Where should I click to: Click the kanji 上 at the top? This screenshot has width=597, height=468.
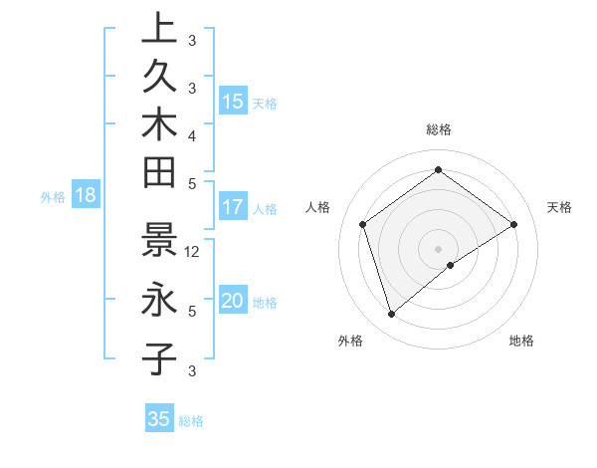click(x=159, y=28)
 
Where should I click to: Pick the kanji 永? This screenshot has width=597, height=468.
click(x=159, y=299)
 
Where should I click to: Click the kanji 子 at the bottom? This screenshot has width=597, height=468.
click(x=159, y=357)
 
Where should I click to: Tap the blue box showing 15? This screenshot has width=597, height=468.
click(x=233, y=102)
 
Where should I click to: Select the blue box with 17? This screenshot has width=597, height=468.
click(x=233, y=208)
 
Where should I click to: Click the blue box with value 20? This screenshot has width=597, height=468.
click(x=233, y=302)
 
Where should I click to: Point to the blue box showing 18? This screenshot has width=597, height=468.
click(x=86, y=196)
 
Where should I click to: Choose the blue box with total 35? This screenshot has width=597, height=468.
click(x=159, y=419)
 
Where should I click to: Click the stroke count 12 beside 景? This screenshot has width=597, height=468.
click(x=193, y=252)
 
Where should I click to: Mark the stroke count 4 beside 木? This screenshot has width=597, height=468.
click(x=192, y=134)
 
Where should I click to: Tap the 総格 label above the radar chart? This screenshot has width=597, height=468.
click(x=438, y=130)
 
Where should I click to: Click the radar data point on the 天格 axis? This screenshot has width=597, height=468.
click(x=513, y=224)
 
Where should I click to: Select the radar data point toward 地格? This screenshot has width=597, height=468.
click(x=451, y=265)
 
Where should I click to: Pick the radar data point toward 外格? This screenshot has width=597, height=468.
click(x=392, y=315)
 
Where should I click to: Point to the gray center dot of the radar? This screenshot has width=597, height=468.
click(x=438, y=248)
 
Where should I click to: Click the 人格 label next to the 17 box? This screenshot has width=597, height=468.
click(x=265, y=209)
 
